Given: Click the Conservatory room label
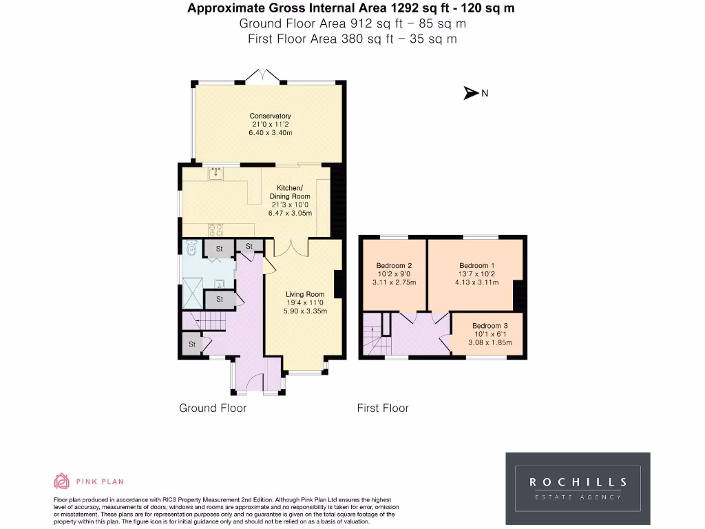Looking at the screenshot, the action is point(270,116).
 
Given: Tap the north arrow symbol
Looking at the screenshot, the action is point(471,93).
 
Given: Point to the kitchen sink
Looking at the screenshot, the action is point(215,173).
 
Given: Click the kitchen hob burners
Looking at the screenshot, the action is point(215,230).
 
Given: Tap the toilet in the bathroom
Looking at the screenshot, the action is point(191,247).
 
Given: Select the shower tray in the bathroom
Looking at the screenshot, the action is point(193,293).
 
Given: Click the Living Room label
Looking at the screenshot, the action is point(305,294).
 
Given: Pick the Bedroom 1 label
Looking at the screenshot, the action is point(476,265).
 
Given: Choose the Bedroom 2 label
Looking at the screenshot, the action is point(394,265).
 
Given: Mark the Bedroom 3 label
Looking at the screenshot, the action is point(490,326).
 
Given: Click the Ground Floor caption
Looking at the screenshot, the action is point(213,408).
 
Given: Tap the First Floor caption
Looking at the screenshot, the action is point(383,408).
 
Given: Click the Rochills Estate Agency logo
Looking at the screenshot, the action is point(578,488).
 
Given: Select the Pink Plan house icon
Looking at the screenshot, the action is point(61,481).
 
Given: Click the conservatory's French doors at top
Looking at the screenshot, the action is point(262,76).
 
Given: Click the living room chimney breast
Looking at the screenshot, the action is point(339,284).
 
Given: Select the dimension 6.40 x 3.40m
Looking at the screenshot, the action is point(270,133).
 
